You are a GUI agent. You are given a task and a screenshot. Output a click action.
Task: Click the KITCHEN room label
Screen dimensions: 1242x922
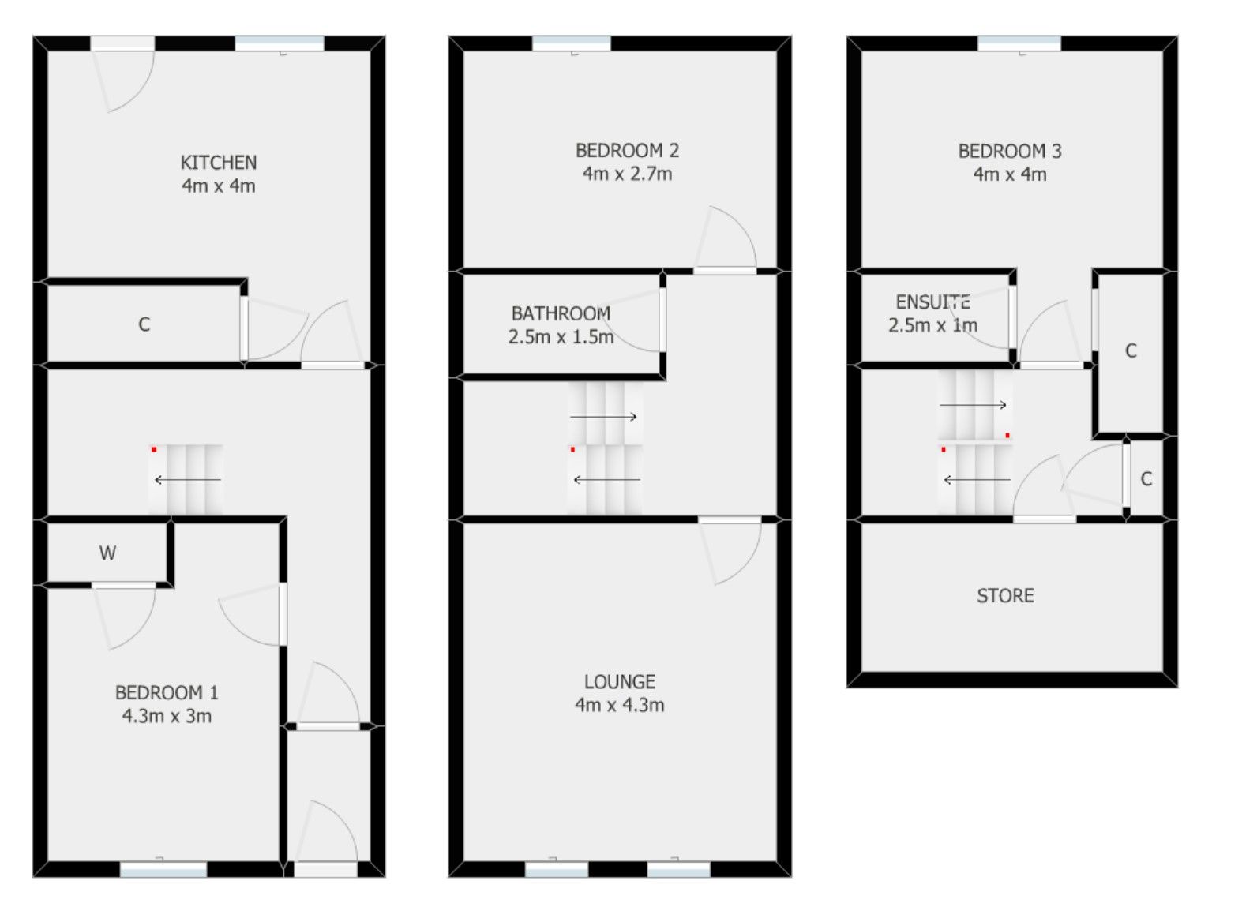point(219,163)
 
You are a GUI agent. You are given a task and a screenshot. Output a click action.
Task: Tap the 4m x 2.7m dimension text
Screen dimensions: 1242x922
point(627,174)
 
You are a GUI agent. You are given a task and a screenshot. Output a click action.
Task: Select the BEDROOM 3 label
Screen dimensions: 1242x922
point(1010,151)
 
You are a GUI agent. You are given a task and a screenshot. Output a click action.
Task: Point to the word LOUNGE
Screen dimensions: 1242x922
point(619,682)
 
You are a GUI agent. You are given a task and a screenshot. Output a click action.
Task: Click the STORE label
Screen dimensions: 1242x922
point(1005,596)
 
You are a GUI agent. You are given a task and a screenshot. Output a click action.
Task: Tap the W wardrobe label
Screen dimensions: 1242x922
point(107,553)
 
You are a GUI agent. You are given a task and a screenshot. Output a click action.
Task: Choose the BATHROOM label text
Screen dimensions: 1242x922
point(561,313)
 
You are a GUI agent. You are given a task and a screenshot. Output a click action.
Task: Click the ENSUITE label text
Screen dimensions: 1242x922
point(933,302)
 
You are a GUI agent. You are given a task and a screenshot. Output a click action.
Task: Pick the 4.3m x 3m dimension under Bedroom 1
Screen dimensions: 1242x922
point(167,716)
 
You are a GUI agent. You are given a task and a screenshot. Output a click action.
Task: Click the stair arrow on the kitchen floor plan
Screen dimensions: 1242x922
point(188,480)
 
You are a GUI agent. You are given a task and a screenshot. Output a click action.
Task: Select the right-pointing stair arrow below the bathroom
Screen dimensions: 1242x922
point(604,417)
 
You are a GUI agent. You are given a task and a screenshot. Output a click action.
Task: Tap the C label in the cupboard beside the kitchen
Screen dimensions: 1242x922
point(144,324)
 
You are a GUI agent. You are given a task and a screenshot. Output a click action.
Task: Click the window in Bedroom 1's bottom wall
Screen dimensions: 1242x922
point(163,870)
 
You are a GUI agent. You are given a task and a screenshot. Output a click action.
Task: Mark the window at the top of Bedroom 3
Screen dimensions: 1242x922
point(1019,43)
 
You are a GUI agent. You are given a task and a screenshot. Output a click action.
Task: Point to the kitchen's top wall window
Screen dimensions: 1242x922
point(280,43)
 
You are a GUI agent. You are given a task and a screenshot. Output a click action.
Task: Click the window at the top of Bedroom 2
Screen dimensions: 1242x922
point(571,43)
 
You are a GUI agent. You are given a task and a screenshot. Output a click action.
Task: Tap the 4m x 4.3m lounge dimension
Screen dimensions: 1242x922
point(619,705)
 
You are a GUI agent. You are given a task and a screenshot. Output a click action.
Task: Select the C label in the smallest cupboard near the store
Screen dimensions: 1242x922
point(1146,478)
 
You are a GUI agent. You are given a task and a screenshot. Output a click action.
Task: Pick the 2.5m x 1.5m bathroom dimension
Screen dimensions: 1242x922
point(561,337)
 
